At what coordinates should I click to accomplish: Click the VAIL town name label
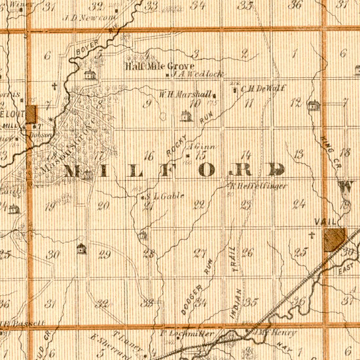(325, 222)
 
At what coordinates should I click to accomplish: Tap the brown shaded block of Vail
(334, 238)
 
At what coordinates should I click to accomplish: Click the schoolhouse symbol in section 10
(185, 117)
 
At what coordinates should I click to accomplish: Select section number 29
(104, 254)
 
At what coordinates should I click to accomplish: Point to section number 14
(246, 155)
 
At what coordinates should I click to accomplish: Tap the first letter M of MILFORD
(73, 171)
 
